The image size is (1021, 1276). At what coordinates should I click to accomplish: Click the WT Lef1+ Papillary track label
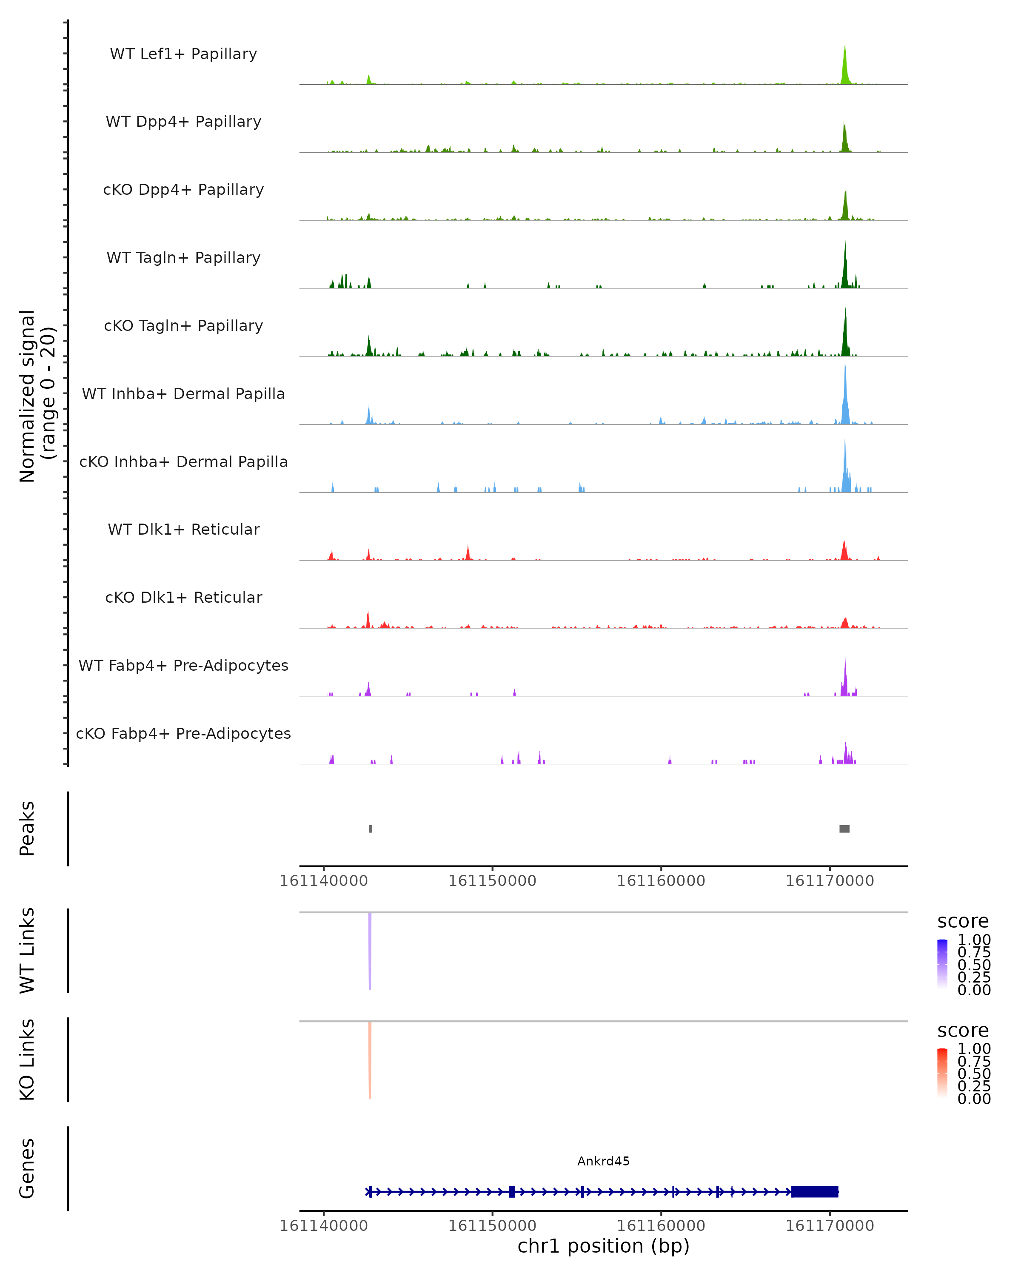[x=183, y=54]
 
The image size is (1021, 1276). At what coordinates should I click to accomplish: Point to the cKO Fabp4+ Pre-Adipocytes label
[x=183, y=733]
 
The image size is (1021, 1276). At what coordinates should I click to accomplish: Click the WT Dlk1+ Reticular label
[x=183, y=529]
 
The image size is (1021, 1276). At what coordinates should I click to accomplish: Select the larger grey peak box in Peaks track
[x=844, y=829]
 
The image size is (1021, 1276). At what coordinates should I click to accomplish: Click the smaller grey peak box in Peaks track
[x=371, y=829]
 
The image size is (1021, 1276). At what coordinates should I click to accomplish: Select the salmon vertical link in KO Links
[x=370, y=1060]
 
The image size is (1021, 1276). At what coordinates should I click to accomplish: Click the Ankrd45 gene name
[x=603, y=1161]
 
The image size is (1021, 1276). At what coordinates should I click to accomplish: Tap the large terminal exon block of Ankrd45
[x=814, y=1191]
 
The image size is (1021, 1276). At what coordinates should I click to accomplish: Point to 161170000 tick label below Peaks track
[x=829, y=881]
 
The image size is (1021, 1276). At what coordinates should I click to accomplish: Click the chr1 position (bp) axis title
[x=603, y=1246]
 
